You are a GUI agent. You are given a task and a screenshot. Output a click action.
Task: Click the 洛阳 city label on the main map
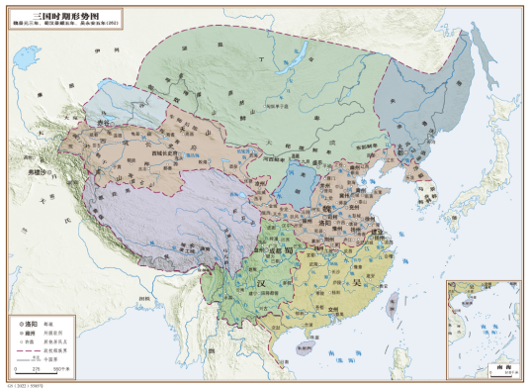329,224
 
